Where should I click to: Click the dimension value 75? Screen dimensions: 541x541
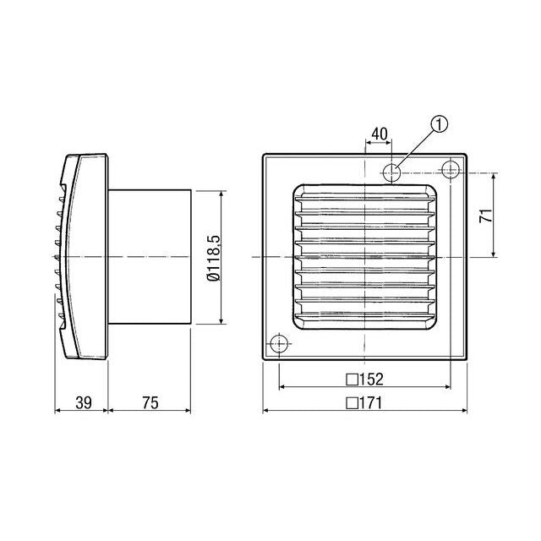pyautogui.click(x=150, y=402)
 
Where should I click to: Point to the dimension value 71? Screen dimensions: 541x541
pyautogui.click(x=485, y=216)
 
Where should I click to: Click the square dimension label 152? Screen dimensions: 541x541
pyautogui.click(x=365, y=378)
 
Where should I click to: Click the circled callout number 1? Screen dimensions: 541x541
pyautogui.click(x=438, y=124)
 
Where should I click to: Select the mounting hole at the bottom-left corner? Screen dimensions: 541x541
pyautogui.click(x=277, y=345)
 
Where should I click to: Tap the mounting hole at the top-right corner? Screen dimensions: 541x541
pyautogui.click(x=451, y=172)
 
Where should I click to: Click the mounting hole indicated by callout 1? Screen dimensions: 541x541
pyautogui.click(x=393, y=172)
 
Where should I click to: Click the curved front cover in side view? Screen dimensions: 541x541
pyautogui.click(x=85, y=257)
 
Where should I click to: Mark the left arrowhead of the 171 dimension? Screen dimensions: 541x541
pyautogui.click(x=267, y=412)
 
